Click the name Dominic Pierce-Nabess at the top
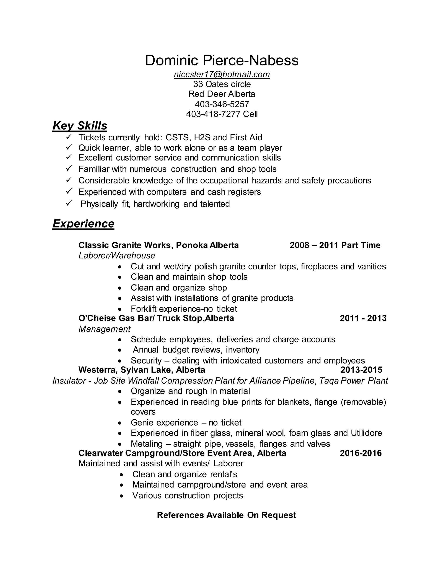(222, 60)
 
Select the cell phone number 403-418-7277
(213, 114)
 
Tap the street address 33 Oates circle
(222, 84)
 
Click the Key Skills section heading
(80, 126)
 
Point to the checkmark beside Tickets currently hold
(69, 137)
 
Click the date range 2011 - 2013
(363, 318)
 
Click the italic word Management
(104, 329)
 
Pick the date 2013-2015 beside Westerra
(361, 370)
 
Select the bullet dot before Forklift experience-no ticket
(120, 309)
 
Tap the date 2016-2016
(361, 453)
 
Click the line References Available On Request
(227, 515)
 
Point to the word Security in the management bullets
(146, 360)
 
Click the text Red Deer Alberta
(222, 94)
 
